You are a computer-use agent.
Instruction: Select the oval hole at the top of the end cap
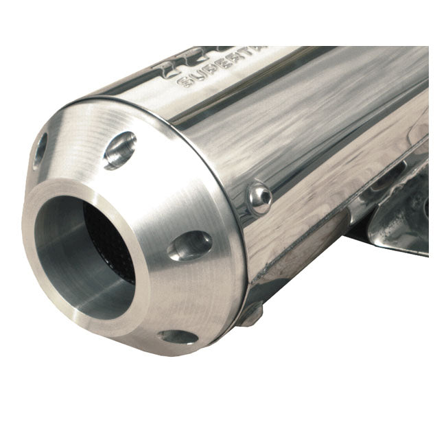tap(119, 150)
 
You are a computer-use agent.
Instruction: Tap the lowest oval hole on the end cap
tap(177, 337)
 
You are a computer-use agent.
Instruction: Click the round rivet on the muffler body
tap(260, 196)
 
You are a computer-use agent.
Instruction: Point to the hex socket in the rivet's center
tap(261, 196)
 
